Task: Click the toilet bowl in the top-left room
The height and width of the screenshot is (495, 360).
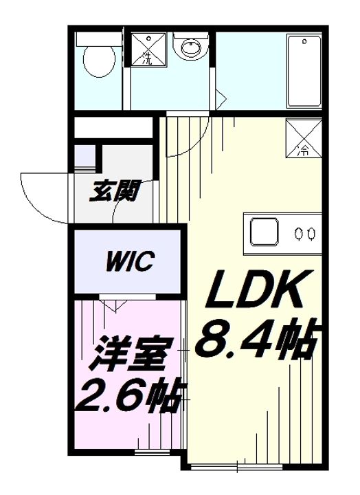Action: (x=99, y=61)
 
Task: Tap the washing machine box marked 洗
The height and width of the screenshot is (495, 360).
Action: (x=148, y=49)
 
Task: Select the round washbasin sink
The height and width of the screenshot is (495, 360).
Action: (x=190, y=47)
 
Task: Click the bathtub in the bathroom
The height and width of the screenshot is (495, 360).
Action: (x=304, y=71)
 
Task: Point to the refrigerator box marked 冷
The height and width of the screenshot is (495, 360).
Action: (x=304, y=138)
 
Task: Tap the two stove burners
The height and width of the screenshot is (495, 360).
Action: (x=304, y=234)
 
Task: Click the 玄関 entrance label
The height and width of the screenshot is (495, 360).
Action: (x=114, y=191)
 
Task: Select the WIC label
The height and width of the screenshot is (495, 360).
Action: (x=131, y=261)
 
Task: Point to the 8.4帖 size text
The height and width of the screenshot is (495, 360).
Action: (x=256, y=340)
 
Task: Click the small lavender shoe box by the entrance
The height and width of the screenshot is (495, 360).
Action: (x=85, y=157)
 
